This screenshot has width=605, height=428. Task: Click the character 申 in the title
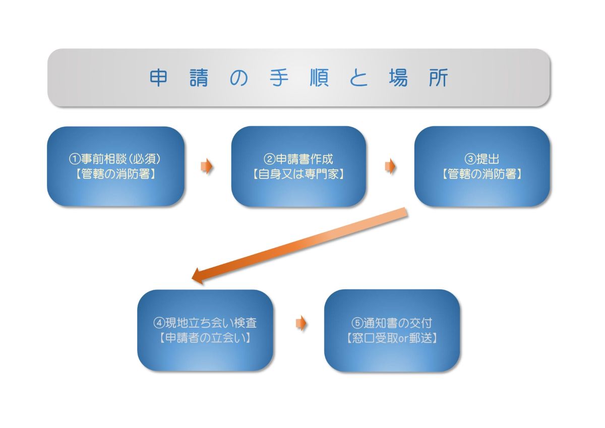[x=158, y=78]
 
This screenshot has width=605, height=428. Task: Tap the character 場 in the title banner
[x=398, y=78]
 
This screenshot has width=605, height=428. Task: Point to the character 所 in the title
[x=438, y=78]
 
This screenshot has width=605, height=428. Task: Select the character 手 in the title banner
[x=279, y=78]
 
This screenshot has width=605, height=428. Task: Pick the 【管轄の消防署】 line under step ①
[x=115, y=174]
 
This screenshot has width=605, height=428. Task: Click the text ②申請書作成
[x=298, y=159]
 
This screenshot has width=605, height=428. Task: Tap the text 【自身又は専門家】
[x=298, y=174]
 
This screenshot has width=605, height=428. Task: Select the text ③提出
[x=481, y=159]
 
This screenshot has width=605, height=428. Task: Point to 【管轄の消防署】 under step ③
[x=481, y=174]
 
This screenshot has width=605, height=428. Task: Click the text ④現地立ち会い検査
[x=205, y=323]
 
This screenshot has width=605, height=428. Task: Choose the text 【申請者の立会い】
[x=205, y=338]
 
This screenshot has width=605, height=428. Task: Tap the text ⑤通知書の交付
[x=392, y=323]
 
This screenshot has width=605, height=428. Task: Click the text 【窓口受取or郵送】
[x=392, y=338]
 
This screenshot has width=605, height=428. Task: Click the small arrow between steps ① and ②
[x=207, y=167]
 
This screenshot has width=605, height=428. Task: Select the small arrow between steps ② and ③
[x=390, y=166]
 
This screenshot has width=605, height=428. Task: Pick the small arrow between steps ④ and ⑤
[x=301, y=323]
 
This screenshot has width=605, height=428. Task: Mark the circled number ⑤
[x=357, y=323]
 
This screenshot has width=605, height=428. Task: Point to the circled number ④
[x=159, y=323]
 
